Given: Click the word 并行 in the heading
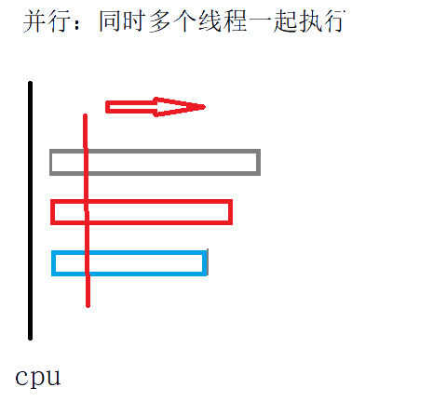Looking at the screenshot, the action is point(45,21).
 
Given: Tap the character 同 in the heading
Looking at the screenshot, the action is point(111,21).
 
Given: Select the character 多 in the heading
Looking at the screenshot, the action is point(160,21).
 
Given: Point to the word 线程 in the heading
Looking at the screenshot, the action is point(223,21).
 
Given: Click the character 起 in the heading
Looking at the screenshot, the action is point(285,21).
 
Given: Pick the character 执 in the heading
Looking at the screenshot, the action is point(309,21).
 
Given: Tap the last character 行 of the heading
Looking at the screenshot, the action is point(334,21).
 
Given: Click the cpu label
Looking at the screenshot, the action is point(38,378).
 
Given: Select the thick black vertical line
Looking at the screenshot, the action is point(30,210).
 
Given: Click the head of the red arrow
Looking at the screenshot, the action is point(180,107).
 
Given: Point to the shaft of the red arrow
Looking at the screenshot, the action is point(130,107).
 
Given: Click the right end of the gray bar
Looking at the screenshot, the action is point(259,162).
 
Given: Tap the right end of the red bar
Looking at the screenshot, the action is point(231,212).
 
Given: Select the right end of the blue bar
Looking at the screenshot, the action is point(205,263).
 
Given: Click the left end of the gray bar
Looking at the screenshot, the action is point(51,162).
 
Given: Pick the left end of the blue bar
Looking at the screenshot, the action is point(53,263).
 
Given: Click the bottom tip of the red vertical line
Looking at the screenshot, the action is point(88,306).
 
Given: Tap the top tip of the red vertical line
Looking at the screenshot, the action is point(85,115).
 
